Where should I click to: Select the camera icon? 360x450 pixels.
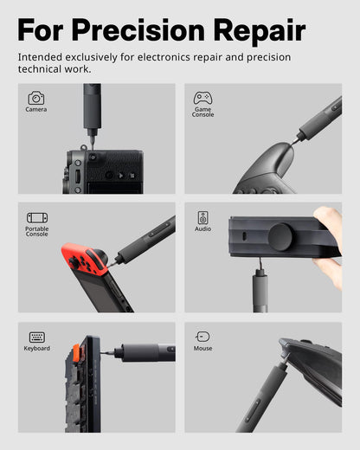pos(36,98)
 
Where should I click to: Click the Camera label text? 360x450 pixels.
pos(36,110)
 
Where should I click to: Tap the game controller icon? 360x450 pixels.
pos(202,98)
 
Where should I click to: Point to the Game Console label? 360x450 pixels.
pos(202,112)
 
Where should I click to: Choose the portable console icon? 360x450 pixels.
pos(37,218)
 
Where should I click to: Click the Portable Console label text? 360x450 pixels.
pos(37,232)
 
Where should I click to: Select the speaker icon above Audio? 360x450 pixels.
pos(202,217)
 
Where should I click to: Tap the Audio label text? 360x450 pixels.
pos(202,229)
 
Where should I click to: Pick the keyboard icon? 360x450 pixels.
pos(37,337)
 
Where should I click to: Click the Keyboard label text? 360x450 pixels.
pos(37,349)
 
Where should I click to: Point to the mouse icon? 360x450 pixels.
pos(202,337)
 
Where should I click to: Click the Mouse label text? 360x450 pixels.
pos(202,349)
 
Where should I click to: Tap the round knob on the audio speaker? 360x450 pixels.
pos(280,237)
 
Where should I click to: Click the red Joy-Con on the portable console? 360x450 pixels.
pos(84,259)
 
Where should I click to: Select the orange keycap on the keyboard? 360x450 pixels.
pos(76,351)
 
